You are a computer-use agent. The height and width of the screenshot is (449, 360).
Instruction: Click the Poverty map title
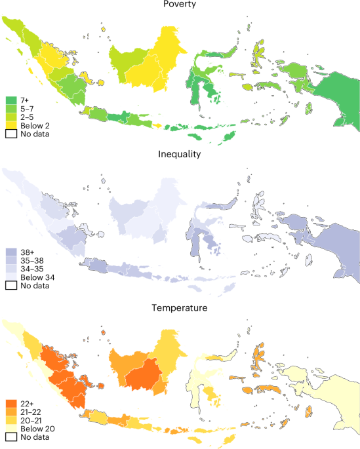(x=180, y=5)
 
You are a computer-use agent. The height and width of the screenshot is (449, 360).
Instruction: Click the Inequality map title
(x=180, y=155)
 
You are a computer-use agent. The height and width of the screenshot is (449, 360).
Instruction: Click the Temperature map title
(x=180, y=306)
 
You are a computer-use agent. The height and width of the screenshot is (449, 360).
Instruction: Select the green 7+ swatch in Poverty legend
(x=11, y=100)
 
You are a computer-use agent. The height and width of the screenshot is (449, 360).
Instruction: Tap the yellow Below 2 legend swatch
(x=11, y=125)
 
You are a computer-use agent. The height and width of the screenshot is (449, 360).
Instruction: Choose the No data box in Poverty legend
(x=11, y=133)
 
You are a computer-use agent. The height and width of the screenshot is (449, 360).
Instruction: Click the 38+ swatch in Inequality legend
(x=11, y=252)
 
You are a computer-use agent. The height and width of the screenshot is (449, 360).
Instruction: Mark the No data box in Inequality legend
(x=11, y=284)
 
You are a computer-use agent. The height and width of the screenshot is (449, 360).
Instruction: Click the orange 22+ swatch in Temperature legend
(x=11, y=402)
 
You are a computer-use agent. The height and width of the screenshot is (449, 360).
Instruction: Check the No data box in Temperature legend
(x=11, y=436)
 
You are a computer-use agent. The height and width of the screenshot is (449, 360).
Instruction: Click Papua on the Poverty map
(x=338, y=98)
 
